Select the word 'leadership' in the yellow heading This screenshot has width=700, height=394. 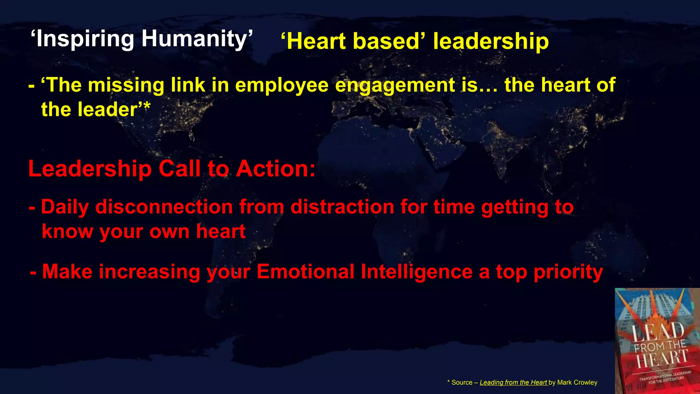[x=491, y=42]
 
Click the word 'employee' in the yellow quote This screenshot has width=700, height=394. [x=282, y=86]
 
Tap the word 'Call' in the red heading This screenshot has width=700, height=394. [x=179, y=169]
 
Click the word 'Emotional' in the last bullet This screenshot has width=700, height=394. [x=305, y=272]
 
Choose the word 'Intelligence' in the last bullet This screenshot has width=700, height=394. [x=417, y=272]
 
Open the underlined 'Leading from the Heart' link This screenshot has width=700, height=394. [x=513, y=382]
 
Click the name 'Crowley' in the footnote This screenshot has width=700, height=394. [x=585, y=382]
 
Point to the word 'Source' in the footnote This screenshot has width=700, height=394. [x=462, y=382]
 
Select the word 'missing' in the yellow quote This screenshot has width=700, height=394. [x=126, y=86]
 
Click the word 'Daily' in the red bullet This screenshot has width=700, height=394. [x=65, y=207]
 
